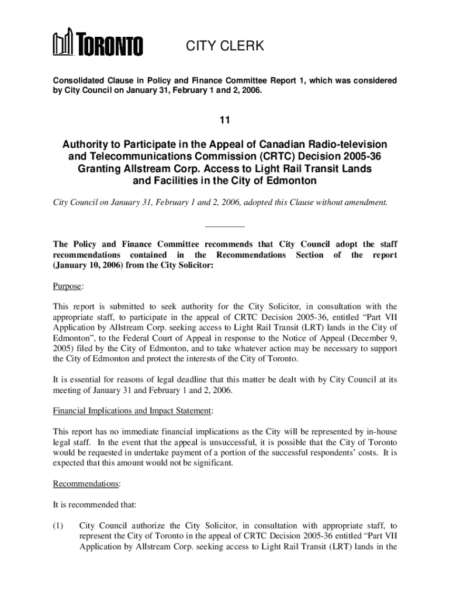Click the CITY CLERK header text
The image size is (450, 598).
225,46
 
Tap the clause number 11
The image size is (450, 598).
225,121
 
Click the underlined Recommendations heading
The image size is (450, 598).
86,484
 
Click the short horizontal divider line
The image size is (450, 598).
225,227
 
